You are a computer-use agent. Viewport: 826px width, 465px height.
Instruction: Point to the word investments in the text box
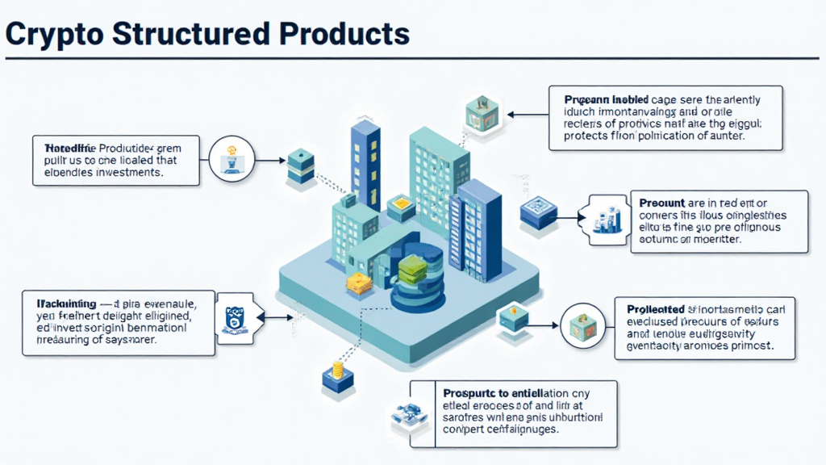tap(124, 172)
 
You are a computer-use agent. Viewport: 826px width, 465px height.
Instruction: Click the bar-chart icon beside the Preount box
tap(609, 219)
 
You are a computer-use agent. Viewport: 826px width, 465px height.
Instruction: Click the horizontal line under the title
tap(413, 59)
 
